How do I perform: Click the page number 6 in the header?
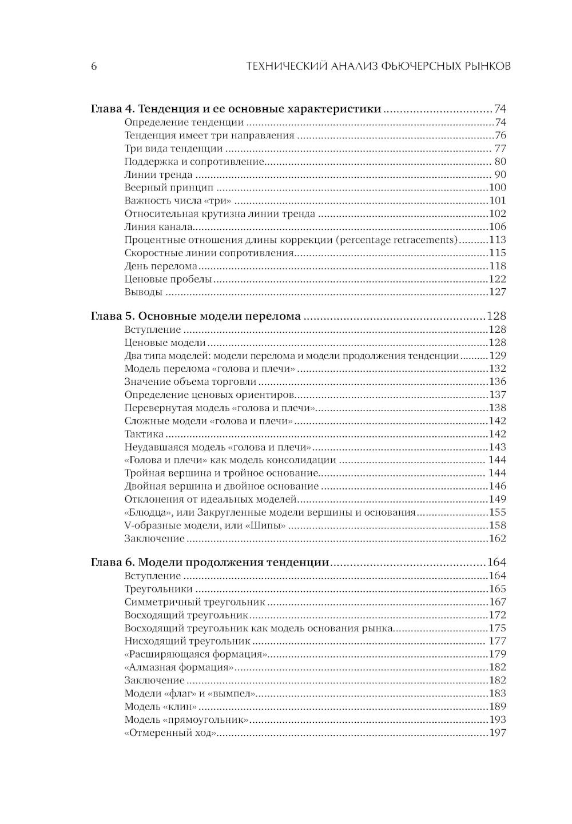coord(94,66)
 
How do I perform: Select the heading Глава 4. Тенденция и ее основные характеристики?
coord(236,109)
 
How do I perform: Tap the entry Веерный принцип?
coord(168,188)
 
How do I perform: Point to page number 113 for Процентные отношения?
coord(497,240)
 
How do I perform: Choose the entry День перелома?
coord(161,266)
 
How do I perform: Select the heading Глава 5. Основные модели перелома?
coord(196,316)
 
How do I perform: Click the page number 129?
coord(497,356)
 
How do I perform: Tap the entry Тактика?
coord(144,434)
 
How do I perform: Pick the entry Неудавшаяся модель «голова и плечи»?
coord(218,447)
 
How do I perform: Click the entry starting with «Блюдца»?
coord(270,512)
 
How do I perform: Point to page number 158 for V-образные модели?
coord(497,526)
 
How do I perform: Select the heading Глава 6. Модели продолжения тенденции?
coord(210,563)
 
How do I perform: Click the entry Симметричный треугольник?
coord(195,602)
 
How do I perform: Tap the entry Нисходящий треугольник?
coord(188,642)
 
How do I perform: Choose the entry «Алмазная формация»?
coord(179,667)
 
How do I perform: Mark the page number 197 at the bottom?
coord(497,734)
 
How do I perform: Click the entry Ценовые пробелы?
coord(168,280)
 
